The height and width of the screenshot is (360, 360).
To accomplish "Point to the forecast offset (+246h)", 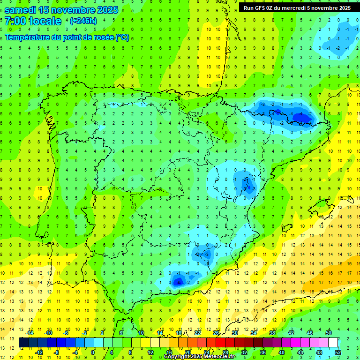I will pyautogui.click(x=83, y=21).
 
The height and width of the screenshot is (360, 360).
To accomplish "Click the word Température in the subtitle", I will pyautogui.click(x=29, y=37).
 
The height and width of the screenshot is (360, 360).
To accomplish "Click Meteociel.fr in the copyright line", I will pyautogui.click(x=220, y=357).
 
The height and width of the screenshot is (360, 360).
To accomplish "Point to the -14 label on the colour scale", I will pyautogui.click(x=29, y=333).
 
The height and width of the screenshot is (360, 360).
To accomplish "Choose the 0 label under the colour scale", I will pyautogui.click(x=93, y=352).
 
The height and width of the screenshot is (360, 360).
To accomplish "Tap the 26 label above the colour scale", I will pyautogui.click(x=216, y=333).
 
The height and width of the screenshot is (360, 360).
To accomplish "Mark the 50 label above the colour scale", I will pyautogui.click(x=328, y=333).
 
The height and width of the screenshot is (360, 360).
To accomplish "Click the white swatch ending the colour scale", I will pyautogui.click(x=333, y=343).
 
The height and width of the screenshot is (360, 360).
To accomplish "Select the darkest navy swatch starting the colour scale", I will pyautogui.click(x=23, y=343).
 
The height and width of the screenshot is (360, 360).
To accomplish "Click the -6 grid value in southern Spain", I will pyautogui.click(x=178, y=282).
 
